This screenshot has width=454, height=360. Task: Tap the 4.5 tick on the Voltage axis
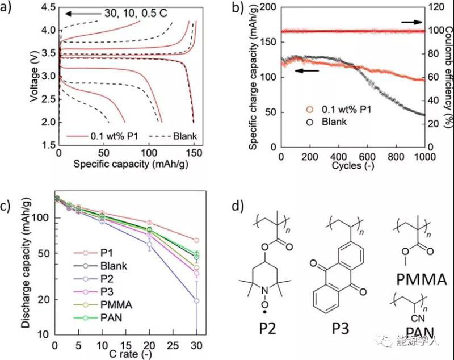(48, 7)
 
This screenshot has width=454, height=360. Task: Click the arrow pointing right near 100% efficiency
(412, 22)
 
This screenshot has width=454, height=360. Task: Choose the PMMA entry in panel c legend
(115, 304)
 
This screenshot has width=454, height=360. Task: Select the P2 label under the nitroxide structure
(264, 330)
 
